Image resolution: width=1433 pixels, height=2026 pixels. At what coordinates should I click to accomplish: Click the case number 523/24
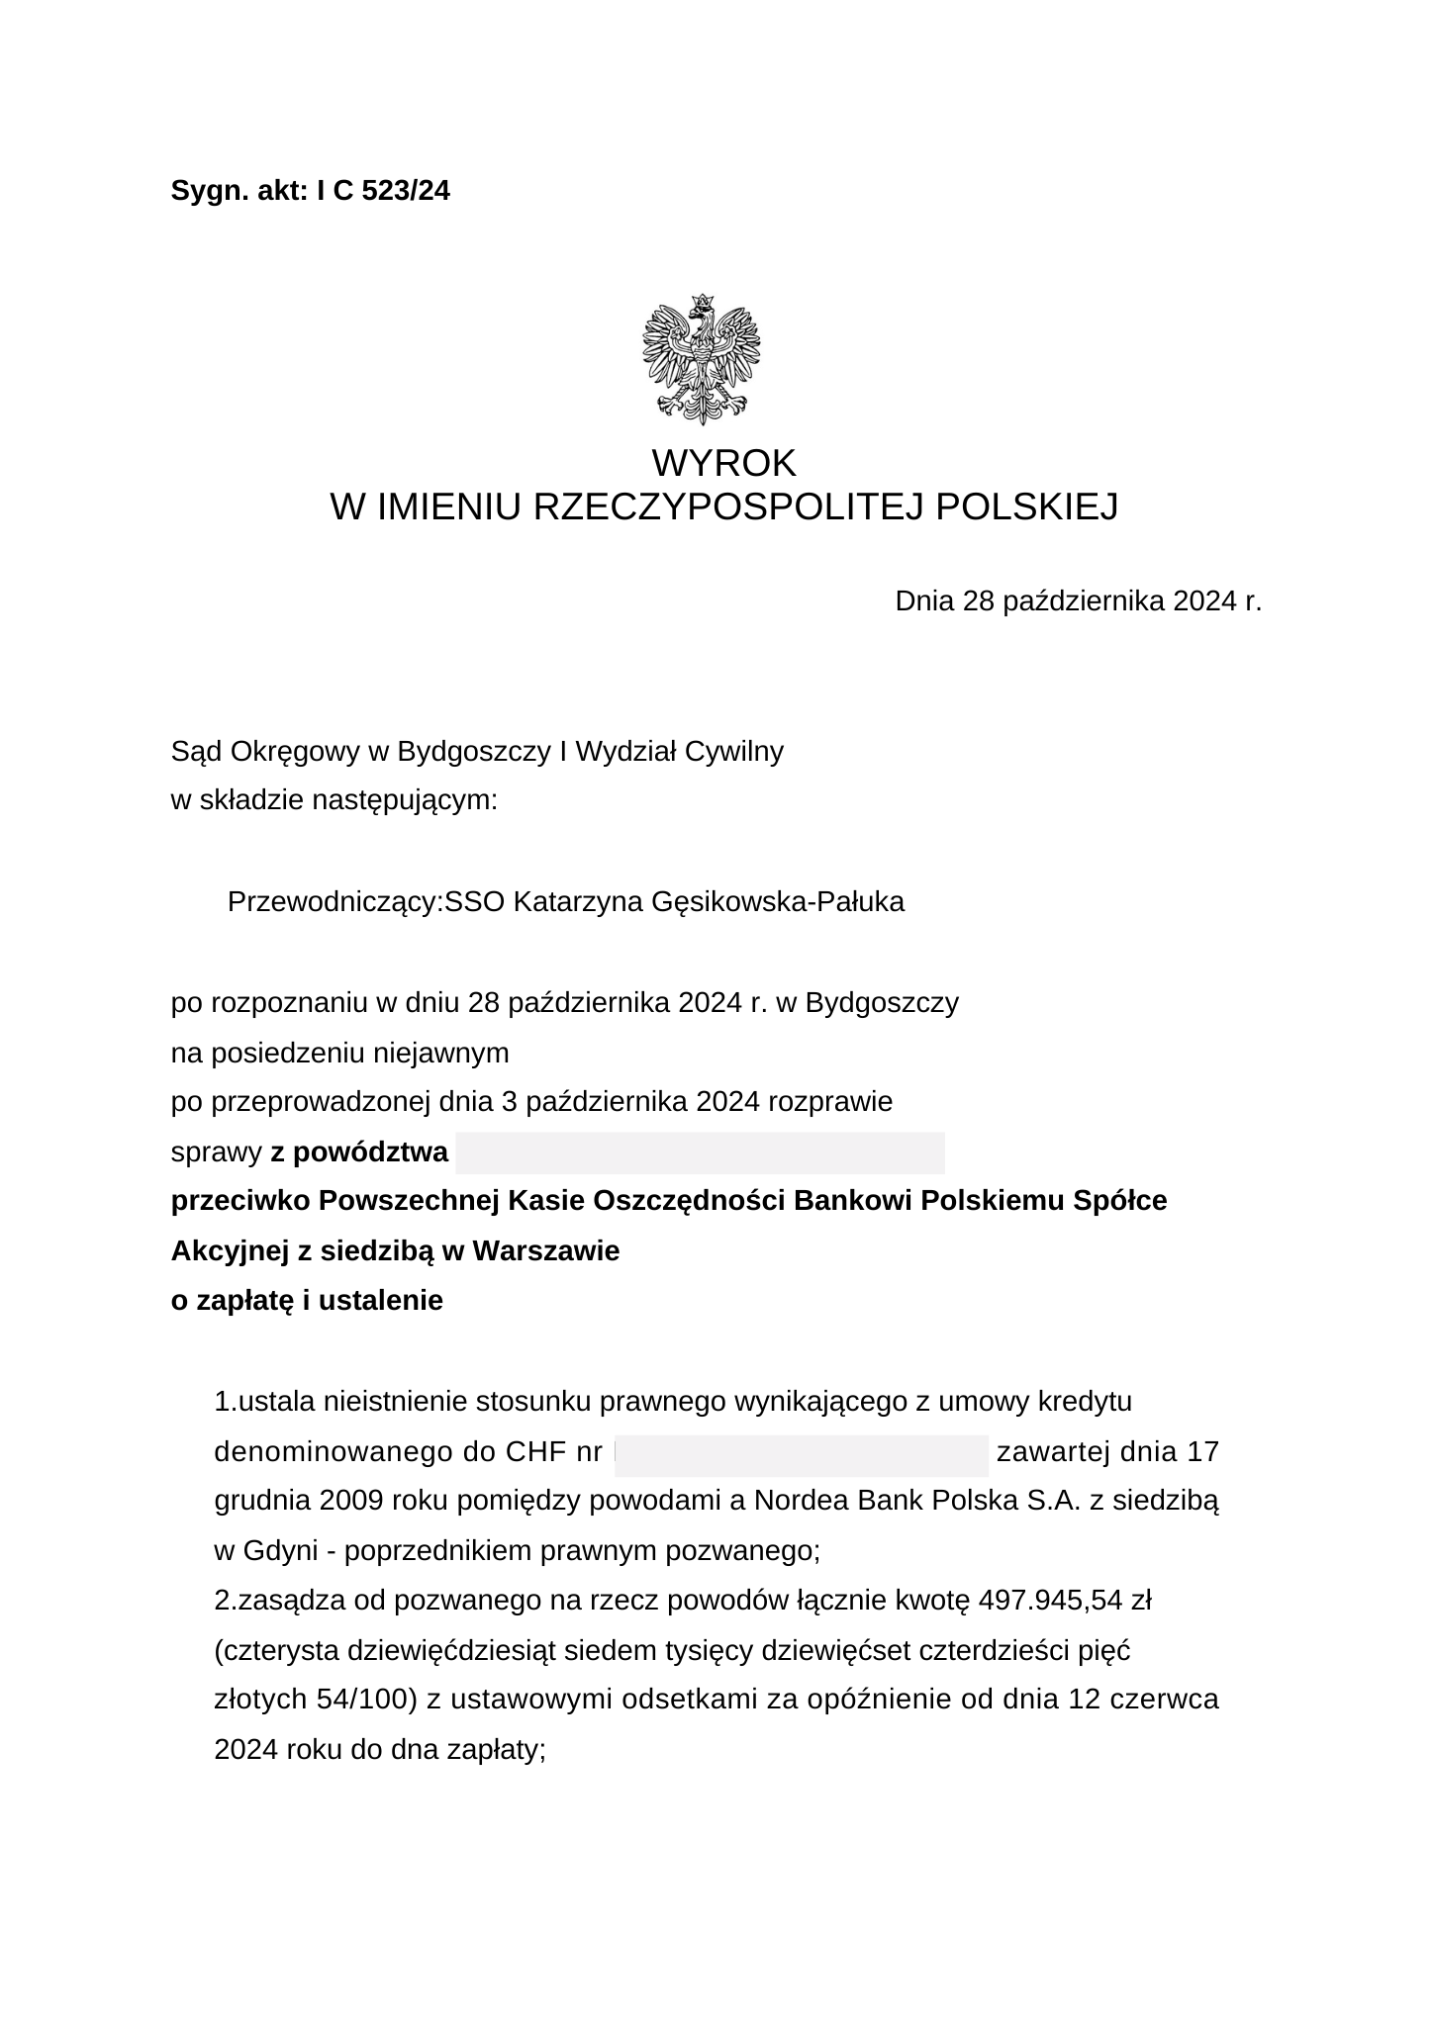[x=406, y=191]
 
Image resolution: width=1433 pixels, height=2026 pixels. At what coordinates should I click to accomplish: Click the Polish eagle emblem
[x=702, y=359]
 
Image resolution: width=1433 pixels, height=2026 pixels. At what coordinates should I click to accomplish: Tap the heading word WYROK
[x=723, y=463]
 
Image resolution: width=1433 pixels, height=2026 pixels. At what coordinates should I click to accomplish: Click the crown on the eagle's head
[x=703, y=300]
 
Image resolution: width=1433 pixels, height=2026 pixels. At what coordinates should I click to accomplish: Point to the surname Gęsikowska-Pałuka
[x=778, y=902]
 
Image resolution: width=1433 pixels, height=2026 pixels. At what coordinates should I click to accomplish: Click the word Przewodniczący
[x=333, y=902]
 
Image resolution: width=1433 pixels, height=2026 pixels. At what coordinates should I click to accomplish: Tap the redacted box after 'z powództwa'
[x=700, y=1152]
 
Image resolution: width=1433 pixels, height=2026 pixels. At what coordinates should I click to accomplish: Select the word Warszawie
[x=546, y=1251]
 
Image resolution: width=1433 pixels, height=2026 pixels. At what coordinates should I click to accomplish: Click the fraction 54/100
[x=360, y=1700]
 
